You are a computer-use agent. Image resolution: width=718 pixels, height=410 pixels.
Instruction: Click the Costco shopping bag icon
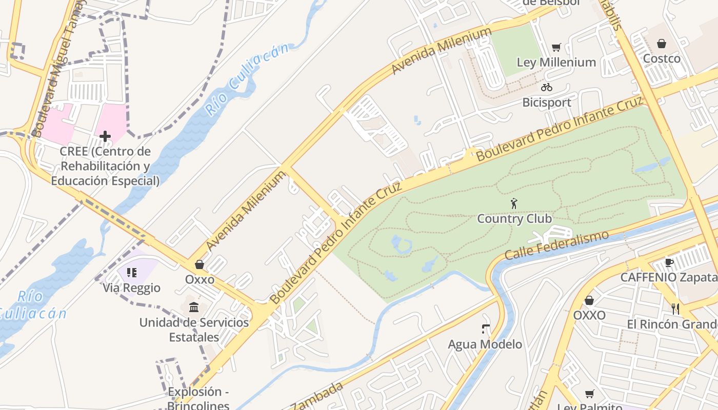click(x=662, y=44)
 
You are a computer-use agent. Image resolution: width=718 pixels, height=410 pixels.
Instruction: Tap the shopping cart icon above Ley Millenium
click(x=556, y=48)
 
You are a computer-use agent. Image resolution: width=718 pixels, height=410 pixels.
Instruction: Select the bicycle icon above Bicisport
click(x=547, y=87)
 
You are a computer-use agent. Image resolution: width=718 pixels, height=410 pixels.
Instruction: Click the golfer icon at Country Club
click(x=514, y=203)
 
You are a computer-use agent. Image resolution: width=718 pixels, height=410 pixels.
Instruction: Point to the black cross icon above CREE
click(x=105, y=136)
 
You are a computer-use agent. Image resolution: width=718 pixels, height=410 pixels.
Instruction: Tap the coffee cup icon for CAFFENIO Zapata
click(x=669, y=262)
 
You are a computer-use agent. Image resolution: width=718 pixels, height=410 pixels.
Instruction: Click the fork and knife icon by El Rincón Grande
click(x=675, y=309)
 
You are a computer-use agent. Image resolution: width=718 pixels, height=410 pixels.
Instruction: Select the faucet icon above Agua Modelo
click(x=485, y=329)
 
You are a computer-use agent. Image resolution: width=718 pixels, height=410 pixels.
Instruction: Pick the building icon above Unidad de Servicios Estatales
click(x=194, y=307)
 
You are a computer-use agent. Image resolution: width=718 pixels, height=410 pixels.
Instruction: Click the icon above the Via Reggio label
click(x=132, y=273)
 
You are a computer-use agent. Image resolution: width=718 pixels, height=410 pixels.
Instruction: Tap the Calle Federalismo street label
click(x=556, y=245)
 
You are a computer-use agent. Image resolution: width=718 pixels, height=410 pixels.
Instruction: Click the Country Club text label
click(x=514, y=219)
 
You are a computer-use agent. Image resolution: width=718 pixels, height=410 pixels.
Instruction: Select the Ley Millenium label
click(x=556, y=63)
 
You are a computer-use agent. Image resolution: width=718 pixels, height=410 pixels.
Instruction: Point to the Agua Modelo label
click(x=485, y=344)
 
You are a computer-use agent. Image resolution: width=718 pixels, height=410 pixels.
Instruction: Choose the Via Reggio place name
click(x=132, y=288)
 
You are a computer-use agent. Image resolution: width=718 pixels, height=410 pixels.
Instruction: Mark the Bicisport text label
click(x=547, y=102)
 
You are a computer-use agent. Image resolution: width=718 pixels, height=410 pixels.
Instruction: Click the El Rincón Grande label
click(x=672, y=324)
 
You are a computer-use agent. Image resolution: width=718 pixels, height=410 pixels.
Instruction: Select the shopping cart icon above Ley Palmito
click(x=589, y=394)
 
